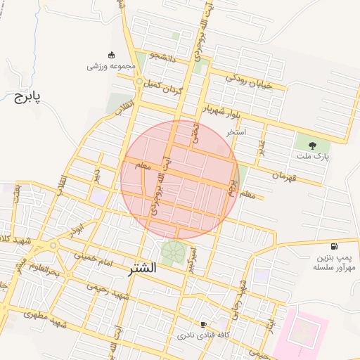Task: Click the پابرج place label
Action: tap(27, 96)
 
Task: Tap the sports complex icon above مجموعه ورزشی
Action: tap(111, 55)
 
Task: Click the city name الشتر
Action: tap(143, 269)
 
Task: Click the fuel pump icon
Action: tap(333, 247)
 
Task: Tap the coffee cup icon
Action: tap(203, 324)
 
